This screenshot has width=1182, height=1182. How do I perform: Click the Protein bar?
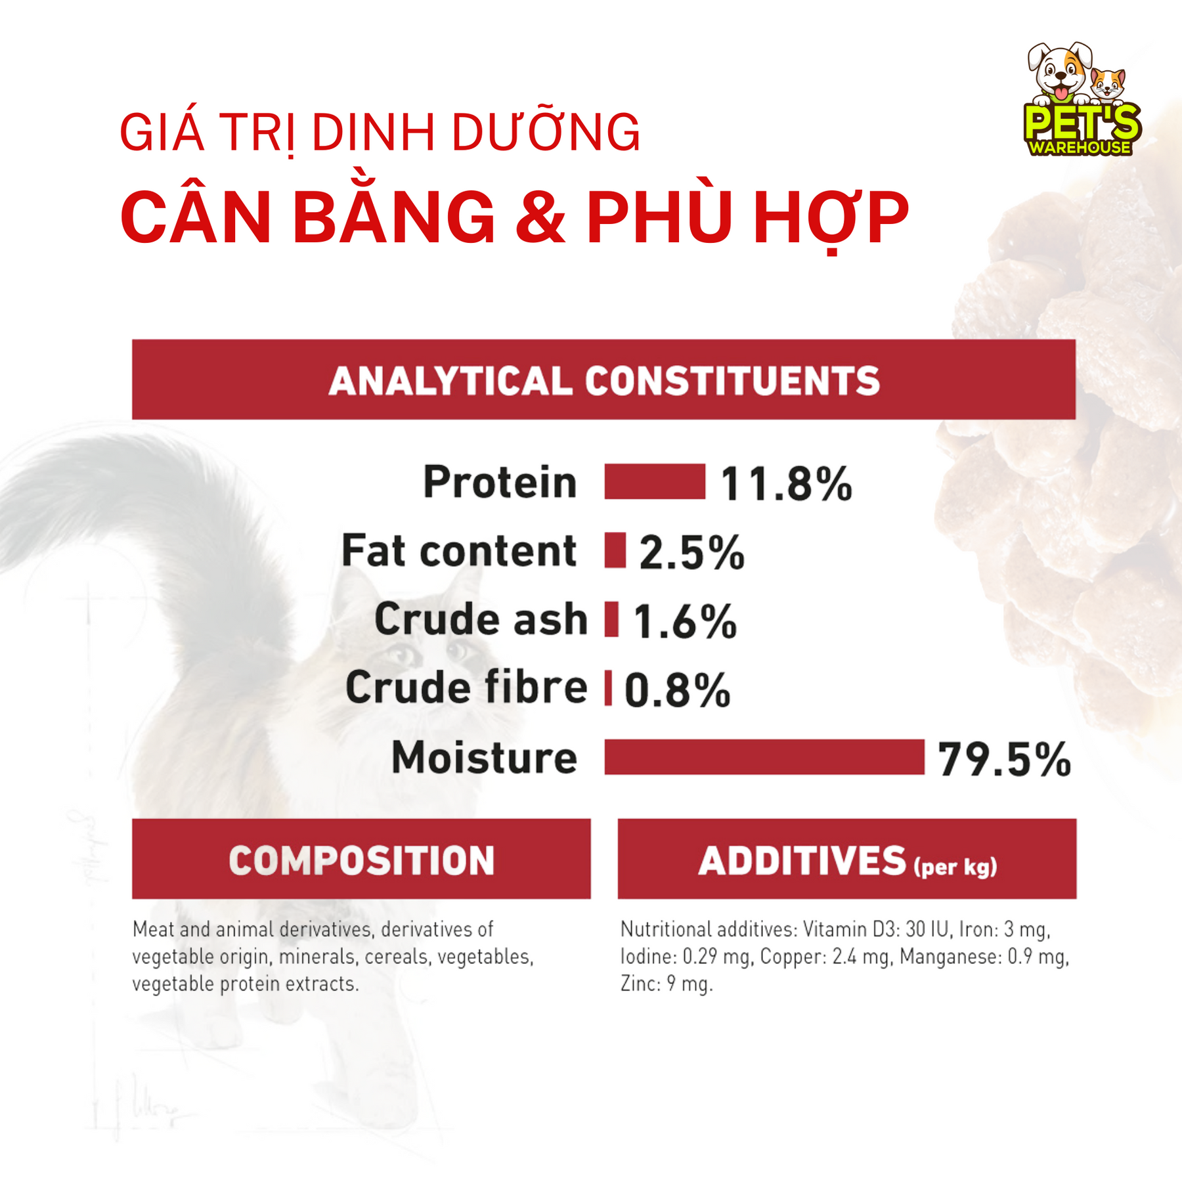point(655,481)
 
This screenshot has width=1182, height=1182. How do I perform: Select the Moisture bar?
point(764,756)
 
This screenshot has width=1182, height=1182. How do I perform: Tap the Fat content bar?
point(615,550)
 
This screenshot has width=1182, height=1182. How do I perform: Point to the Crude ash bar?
point(611,619)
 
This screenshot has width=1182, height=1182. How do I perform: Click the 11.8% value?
point(786,484)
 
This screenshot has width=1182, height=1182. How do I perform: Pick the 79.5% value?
point(1004,760)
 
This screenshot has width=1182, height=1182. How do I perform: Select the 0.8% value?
point(677,691)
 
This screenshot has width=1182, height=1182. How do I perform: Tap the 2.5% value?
point(691,553)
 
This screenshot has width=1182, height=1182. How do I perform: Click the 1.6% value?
point(685,622)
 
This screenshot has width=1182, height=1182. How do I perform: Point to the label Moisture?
point(484,757)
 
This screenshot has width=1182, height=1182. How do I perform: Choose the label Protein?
point(500,481)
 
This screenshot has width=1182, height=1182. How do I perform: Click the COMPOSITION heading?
point(361,860)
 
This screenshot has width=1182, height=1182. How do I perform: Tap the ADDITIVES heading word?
point(802,860)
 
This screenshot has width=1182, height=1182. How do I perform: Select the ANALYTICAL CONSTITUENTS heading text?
point(604,381)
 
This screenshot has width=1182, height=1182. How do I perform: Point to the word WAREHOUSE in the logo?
point(1080,147)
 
